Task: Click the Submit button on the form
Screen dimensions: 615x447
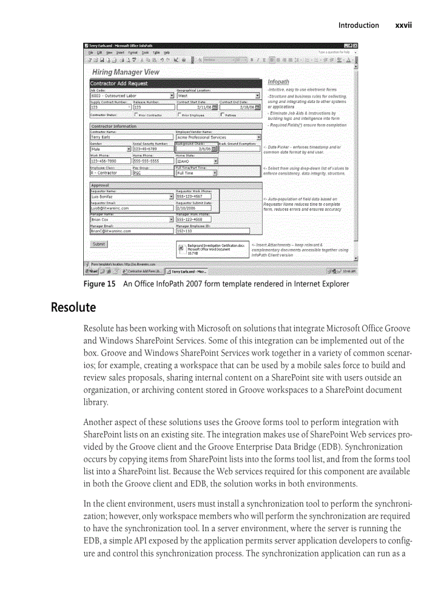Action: pos(99,244)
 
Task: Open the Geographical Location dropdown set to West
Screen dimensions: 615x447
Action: pos(218,95)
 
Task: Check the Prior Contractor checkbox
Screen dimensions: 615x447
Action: pos(136,115)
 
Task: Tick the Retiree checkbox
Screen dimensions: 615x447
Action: pos(222,115)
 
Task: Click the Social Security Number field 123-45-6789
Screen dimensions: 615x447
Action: pos(153,148)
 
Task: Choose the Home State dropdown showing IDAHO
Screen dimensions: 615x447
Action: pos(197,162)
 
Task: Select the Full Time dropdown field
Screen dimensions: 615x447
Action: pos(197,173)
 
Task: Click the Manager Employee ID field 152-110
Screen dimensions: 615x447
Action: pos(196,231)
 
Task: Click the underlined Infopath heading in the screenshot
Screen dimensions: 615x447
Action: pos(278,82)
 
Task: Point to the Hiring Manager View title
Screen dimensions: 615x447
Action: pos(125,72)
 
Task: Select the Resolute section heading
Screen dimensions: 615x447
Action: pos(73,307)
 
